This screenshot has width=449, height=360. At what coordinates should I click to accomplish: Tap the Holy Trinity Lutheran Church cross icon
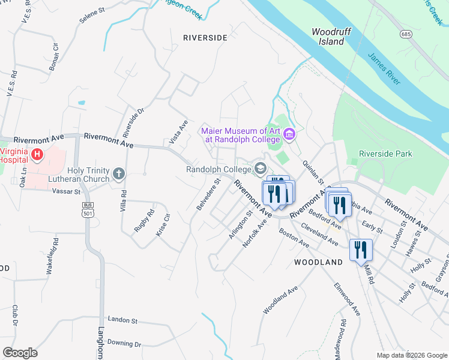[x=119, y=175]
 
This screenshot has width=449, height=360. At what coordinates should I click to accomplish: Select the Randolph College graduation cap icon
[x=260, y=169]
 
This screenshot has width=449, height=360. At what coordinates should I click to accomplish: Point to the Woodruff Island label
[x=329, y=37]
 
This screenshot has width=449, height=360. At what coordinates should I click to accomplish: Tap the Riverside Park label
[x=385, y=154]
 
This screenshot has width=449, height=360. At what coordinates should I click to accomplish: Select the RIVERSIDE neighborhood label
[x=205, y=37]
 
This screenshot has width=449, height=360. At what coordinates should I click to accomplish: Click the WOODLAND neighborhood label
[x=318, y=262]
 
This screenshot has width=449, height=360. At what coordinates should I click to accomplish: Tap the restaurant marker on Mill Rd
[x=361, y=249]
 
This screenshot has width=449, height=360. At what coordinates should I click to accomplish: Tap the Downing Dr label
[x=124, y=344]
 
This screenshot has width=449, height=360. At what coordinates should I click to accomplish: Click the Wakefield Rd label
[x=52, y=257]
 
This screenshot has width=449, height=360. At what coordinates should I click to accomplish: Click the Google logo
[x=20, y=353]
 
